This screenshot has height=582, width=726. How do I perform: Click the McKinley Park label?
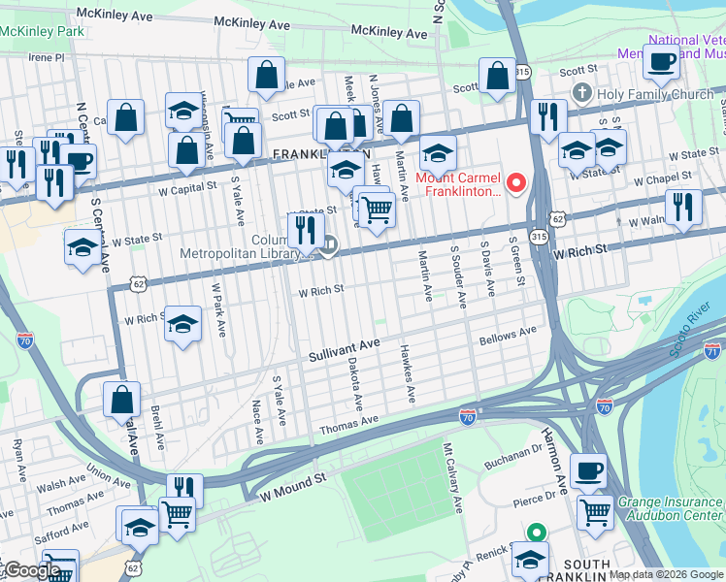41,31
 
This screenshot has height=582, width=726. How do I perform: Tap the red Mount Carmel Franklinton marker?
516,182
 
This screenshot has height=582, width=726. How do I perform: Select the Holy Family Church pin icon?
582,94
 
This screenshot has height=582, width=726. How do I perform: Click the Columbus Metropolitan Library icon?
329,245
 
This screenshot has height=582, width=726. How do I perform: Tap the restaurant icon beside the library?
306,230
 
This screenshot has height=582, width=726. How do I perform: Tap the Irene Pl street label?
46,57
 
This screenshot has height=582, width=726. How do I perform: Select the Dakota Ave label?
353,382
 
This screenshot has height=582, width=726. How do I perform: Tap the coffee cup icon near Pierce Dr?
588,471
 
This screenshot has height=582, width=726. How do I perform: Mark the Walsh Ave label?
63,482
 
